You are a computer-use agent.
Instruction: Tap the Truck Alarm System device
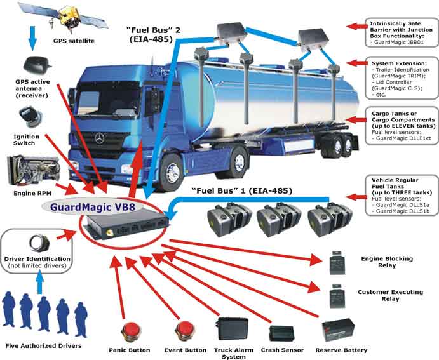pos(231,328)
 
